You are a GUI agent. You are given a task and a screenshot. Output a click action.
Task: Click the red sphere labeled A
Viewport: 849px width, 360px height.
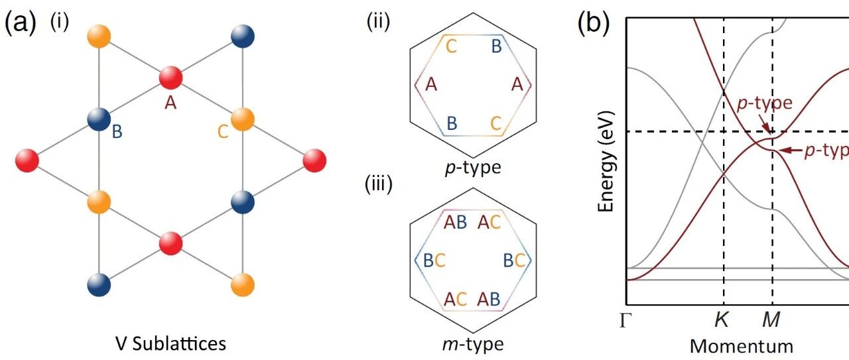pos(171,78)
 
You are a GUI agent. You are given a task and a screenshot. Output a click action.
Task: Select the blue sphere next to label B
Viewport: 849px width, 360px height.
pos(99,119)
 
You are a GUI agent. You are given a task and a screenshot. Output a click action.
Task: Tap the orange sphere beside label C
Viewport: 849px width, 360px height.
pos(243,119)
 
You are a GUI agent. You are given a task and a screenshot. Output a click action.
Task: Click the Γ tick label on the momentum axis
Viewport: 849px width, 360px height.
pos(625,321)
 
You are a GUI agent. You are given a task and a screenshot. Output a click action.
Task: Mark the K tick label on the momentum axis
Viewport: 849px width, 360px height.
pos(722,321)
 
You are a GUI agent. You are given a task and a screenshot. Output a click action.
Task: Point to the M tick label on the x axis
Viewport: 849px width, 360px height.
pos(771,321)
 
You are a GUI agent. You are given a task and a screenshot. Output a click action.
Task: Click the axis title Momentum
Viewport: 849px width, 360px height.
pos(742,345)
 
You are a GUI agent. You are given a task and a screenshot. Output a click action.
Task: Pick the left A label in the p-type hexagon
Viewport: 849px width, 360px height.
pos(431,85)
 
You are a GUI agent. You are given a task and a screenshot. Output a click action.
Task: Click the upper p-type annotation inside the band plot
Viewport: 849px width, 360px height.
pos(765,104)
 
